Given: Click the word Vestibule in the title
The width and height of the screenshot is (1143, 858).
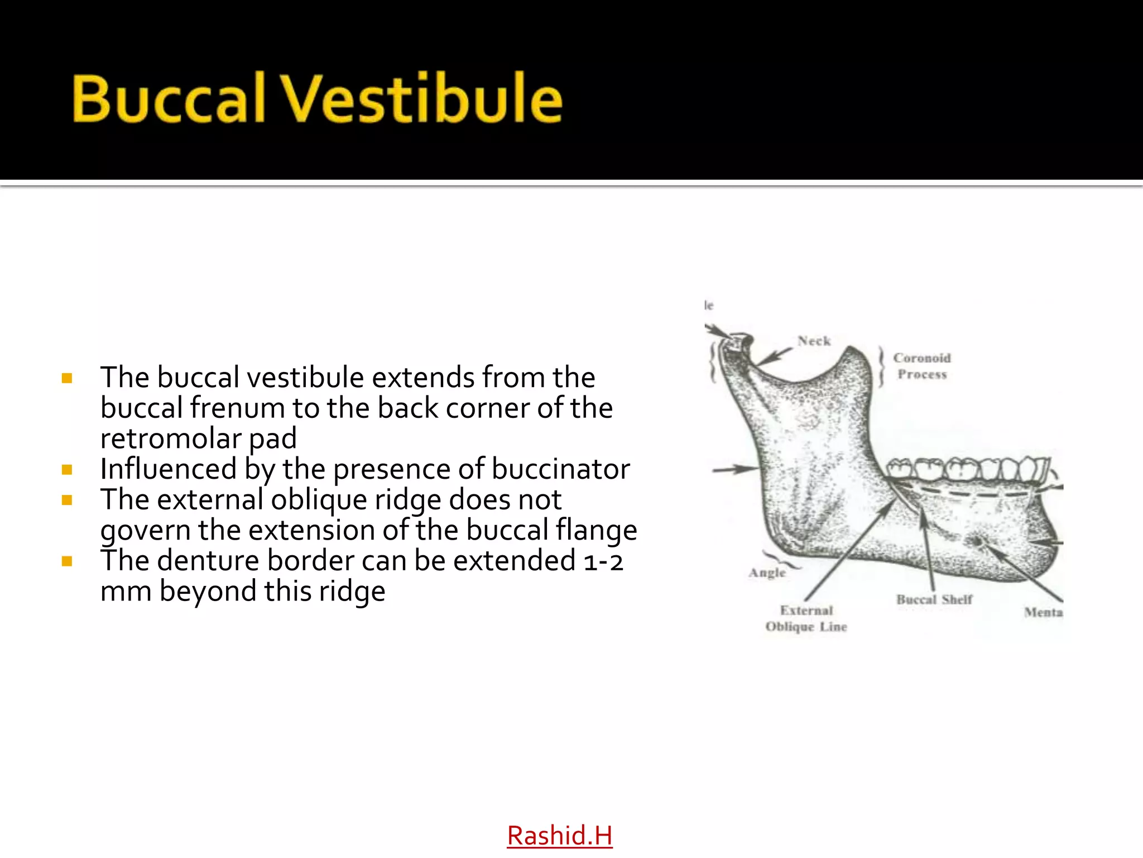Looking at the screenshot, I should click(x=421, y=99).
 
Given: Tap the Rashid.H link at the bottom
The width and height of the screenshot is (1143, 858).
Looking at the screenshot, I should click(x=559, y=836).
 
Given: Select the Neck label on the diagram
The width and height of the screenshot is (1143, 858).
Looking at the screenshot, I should click(x=814, y=341).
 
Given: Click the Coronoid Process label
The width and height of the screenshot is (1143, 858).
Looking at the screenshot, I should click(x=921, y=366).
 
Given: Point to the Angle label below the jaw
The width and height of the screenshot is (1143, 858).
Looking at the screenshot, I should click(x=767, y=573).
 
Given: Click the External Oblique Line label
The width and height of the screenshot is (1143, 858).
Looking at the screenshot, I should click(x=806, y=618).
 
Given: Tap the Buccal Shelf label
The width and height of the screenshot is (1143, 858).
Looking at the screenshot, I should click(x=934, y=599).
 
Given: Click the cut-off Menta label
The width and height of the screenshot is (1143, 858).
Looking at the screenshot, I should click(x=1043, y=612).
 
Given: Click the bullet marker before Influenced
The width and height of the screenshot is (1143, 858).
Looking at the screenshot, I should click(x=68, y=470).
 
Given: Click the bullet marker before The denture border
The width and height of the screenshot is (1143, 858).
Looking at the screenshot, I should click(x=68, y=561).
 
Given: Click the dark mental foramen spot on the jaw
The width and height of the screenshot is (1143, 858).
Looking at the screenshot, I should click(x=976, y=541).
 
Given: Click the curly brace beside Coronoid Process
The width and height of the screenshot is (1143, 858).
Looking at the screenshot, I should click(x=881, y=366).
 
